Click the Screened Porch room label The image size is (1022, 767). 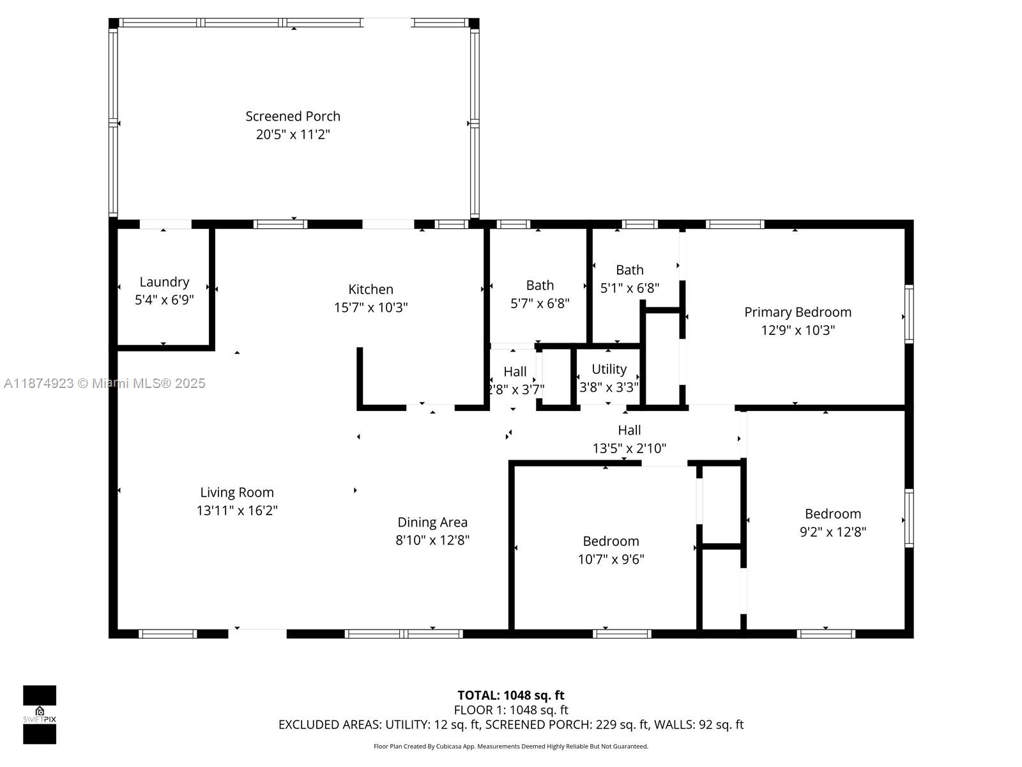(x=293, y=116)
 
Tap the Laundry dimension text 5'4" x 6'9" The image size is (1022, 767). (x=164, y=300)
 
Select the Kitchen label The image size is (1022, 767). (x=370, y=289)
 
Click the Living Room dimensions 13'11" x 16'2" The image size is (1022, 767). (x=237, y=511)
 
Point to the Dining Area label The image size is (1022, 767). (x=432, y=522)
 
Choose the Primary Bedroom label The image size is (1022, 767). (x=797, y=312)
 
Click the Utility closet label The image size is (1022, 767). (x=609, y=369)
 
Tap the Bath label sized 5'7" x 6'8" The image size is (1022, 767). (x=540, y=285)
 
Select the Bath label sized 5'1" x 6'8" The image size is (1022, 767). (x=629, y=270)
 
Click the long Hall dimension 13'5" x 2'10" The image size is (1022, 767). (x=629, y=448)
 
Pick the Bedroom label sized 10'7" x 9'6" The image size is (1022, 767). (x=611, y=541)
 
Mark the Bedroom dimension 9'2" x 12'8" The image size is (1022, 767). (x=833, y=532)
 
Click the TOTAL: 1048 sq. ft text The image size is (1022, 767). (x=510, y=695)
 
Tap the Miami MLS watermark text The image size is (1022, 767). (x=104, y=383)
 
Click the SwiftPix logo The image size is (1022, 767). (x=40, y=714)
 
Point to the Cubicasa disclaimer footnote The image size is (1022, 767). (x=510, y=747)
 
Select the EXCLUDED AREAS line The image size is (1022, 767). (x=510, y=725)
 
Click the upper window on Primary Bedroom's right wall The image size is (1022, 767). (x=908, y=314)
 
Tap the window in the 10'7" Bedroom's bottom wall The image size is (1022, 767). (x=622, y=633)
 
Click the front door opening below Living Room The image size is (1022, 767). (x=257, y=633)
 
